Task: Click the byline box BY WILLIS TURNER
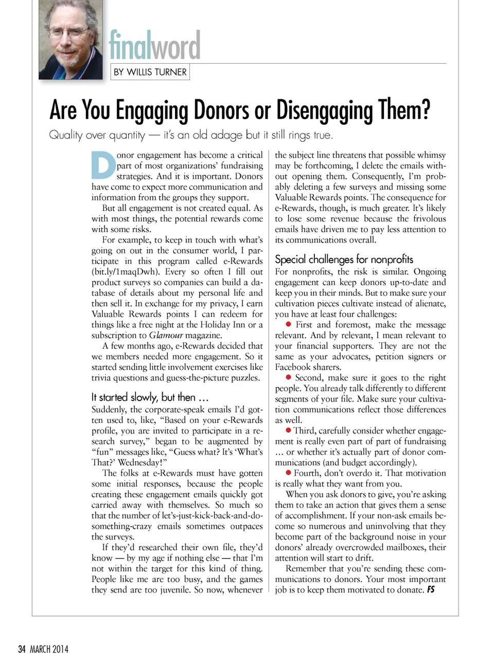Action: click(150, 72)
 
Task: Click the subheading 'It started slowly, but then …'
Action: click(150, 397)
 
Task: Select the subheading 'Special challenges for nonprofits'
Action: click(344, 259)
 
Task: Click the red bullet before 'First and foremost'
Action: click(289, 324)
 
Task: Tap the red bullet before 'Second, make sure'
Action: click(289, 377)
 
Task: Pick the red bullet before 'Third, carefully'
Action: click(289, 430)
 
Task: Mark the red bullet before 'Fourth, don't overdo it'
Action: click(289, 473)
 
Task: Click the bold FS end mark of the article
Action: click(431, 589)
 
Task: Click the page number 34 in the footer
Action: click(22, 649)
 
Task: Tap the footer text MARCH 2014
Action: click(49, 649)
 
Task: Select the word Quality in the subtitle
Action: click(65, 135)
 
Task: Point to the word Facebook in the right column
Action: click(295, 367)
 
